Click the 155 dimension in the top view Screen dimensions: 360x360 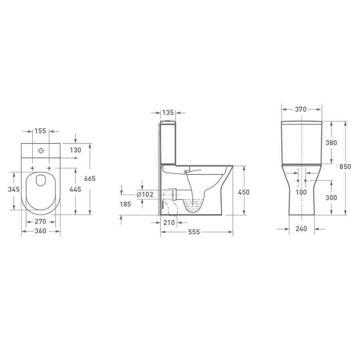coord(41,131)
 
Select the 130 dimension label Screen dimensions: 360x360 coord(76,150)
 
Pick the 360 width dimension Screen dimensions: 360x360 coord(41,231)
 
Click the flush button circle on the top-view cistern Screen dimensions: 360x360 coord(40,151)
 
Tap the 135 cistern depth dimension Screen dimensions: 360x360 coord(168,113)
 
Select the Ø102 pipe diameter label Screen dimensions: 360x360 coord(145,194)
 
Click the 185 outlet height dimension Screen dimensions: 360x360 coord(126,204)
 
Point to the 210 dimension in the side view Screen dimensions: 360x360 coord(169,222)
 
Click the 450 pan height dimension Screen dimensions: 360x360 coord(244,192)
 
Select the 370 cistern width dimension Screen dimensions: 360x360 coord(301,109)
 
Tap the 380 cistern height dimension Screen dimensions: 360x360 coord(331,143)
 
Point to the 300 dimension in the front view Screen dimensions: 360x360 coord(331,198)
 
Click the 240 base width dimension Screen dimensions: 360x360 coord(301,229)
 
